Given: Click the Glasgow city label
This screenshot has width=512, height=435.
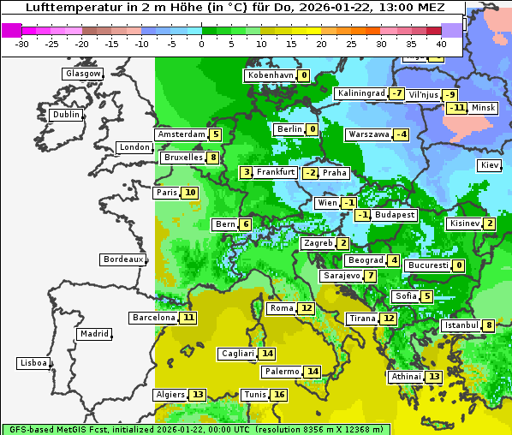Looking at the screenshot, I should pos(83,74).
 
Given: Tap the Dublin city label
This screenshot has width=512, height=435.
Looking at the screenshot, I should pos(66,115).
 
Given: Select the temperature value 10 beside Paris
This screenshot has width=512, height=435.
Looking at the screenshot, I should pos(189,193).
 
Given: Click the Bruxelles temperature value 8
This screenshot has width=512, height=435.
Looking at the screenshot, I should pos(213,158).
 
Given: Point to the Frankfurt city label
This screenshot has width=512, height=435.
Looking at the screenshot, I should pos(276,172).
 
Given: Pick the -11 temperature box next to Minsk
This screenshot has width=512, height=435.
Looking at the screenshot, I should pos(456,108).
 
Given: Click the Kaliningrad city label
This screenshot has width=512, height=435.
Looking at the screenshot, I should pos(360,93).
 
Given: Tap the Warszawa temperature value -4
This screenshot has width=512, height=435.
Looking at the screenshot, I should pos(401,134).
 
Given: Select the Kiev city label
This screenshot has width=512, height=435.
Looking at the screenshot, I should pos(490,165).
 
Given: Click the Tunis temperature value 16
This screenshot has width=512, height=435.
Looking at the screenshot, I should pos(279,395).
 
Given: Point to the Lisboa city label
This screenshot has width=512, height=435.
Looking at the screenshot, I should pos(33,363).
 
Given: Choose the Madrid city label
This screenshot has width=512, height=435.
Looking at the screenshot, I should pos(93,334).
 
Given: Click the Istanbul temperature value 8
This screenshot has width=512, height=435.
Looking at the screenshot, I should pos(488,325).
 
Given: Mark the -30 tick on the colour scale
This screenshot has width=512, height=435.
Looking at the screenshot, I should pos(22,44).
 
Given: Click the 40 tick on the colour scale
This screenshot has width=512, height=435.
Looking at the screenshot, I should pos(441,44).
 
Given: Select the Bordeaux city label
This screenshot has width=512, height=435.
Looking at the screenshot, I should pos(123,259).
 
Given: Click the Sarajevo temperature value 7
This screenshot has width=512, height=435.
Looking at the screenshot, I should pos(369,276).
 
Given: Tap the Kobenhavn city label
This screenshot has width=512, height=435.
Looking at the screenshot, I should pos(270,75).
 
